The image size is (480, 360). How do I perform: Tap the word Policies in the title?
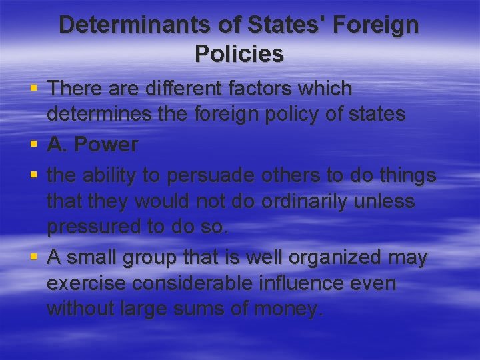tap(239, 53)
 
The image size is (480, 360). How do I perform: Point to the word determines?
tap(93, 115)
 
